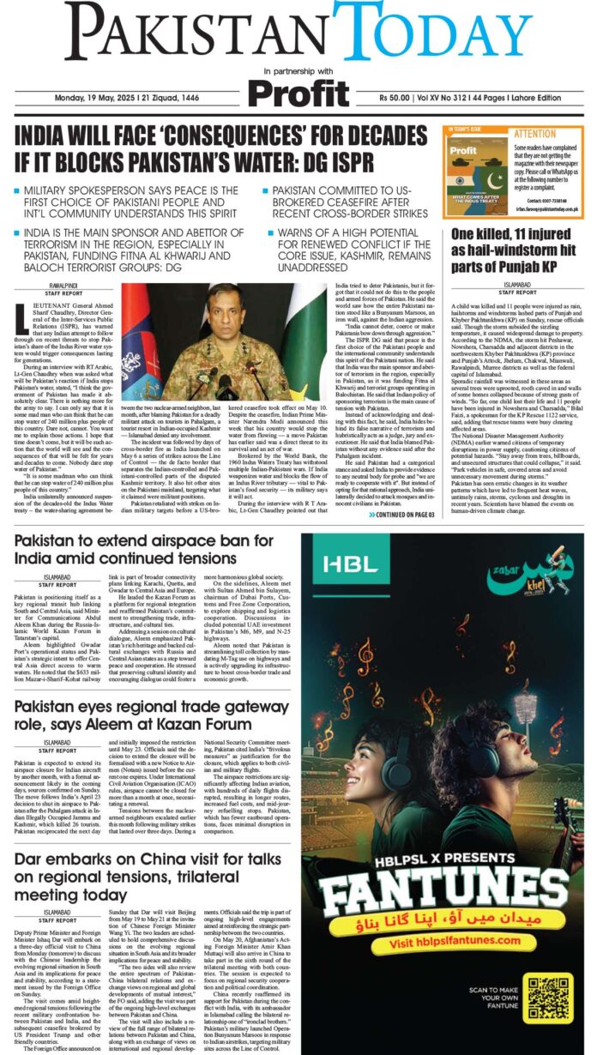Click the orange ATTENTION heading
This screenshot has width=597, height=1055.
pos(534,135)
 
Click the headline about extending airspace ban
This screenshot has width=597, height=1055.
pos(144,549)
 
